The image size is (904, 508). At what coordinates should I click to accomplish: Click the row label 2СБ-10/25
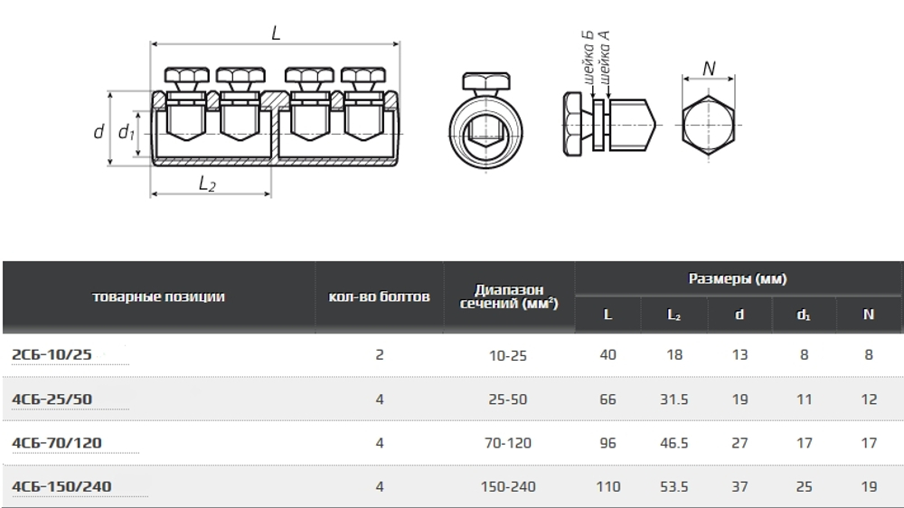click(x=52, y=354)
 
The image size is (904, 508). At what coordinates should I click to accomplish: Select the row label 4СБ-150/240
click(x=61, y=486)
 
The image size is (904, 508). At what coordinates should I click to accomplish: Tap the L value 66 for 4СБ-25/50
click(x=607, y=399)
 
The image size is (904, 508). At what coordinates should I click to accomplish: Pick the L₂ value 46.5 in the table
click(x=674, y=443)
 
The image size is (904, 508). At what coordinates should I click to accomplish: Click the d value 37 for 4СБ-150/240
click(x=739, y=486)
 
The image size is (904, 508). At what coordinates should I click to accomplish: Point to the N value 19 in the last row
click(x=869, y=486)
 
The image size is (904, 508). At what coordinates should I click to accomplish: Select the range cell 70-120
click(x=508, y=443)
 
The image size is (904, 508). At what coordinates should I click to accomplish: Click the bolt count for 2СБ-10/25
click(x=380, y=354)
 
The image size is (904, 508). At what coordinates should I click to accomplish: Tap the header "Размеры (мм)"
click(x=738, y=278)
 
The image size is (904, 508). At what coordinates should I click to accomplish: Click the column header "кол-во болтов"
click(x=380, y=297)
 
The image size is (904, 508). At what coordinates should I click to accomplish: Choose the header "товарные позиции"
click(x=158, y=297)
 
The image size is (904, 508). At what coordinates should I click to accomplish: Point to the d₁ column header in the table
click(x=804, y=315)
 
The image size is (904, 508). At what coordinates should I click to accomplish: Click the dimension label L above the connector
click(x=276, y=33)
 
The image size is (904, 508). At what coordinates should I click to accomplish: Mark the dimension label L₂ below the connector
click(x=207, y=183)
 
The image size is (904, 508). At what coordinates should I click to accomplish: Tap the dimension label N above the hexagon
click(x=709, y=68)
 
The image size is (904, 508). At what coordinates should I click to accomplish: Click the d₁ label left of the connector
click(x=127, y=133)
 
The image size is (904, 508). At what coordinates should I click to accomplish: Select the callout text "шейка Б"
click(x=588, y=58)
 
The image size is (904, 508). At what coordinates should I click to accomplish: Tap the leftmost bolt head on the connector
click(x=186, y=76)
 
